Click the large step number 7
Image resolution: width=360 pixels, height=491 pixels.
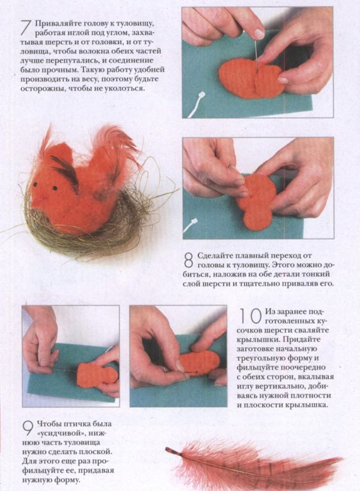27,27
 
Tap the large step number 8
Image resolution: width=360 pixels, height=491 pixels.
189,260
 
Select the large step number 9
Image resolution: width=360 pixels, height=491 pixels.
28,428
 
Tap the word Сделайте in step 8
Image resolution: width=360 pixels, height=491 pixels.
217,256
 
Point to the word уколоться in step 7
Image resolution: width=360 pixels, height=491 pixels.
123,88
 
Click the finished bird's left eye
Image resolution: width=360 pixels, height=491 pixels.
35,184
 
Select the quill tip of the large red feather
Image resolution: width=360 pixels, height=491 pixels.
168,449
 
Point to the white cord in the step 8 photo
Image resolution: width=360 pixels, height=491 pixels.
191,226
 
